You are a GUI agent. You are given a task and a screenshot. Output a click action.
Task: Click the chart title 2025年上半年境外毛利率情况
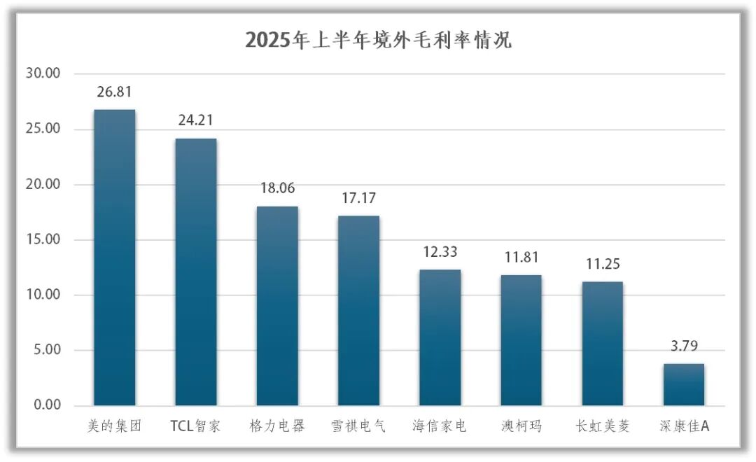378,40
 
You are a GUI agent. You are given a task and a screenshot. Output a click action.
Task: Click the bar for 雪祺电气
358,311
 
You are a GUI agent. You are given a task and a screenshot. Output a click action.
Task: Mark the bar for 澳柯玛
521,340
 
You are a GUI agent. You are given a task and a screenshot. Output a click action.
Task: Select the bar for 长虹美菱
603,344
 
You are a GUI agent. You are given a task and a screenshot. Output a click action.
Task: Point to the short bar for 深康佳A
684,385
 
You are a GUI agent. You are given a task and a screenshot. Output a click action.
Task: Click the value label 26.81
115,92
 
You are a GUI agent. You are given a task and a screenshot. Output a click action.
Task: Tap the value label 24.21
196,121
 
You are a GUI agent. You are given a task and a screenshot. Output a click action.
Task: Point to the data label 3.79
684,346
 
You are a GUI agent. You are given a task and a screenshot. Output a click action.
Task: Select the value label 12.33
440,252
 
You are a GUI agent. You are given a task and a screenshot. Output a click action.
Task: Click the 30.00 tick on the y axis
43,73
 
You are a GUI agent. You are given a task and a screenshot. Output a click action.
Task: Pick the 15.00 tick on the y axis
43,240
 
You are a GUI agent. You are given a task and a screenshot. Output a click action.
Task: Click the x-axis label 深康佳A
684,426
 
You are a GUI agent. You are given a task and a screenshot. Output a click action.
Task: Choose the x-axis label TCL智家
196,426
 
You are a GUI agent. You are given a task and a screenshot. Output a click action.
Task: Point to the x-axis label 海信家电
440,426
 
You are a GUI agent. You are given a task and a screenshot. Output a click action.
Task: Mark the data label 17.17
358,199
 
